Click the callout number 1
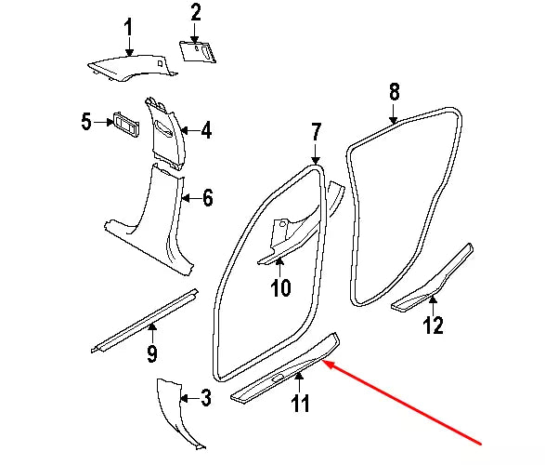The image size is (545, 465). pos(129,26)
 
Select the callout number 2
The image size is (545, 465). pos(196,13)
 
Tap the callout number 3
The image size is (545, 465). pos(205,400)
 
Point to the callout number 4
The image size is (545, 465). pos(206,131)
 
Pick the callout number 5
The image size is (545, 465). pos(85,122)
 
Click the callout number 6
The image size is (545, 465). pos(207,197)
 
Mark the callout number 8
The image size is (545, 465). pos(394,91)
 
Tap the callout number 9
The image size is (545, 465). pos(152,353)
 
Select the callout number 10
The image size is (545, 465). pos(280,288)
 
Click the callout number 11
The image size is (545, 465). pos(300,404)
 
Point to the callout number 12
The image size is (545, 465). pos(434,325)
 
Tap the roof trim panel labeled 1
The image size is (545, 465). pos(130,67)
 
